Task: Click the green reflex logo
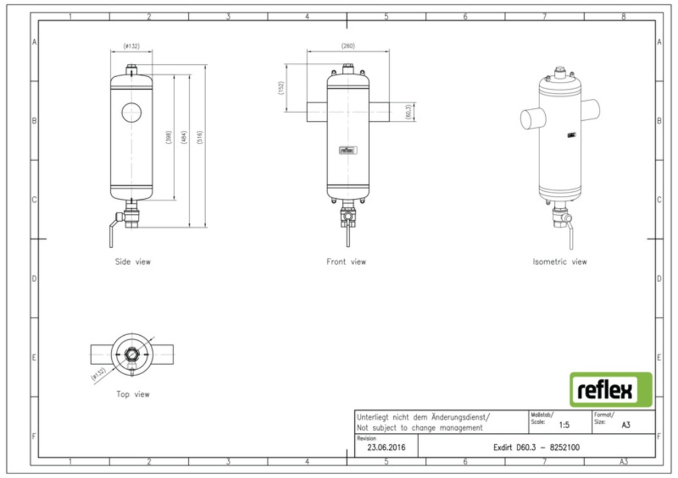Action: click(610, 389)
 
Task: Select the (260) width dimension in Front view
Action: click(348, 46)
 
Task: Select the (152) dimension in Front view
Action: click(281, 87)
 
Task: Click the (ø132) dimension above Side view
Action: click(132, 46)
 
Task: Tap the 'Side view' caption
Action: click(133, 262)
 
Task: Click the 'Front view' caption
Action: click(346, 262)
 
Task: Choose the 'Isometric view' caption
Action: click(559, 262)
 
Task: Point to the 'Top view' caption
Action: click(133, 394)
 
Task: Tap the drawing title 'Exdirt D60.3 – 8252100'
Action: click(536, 448)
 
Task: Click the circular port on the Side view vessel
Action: click(132, 113)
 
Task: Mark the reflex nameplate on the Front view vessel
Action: click(347, 151)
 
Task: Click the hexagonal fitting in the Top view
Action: click(132, 355)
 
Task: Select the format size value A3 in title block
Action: click(625, 425)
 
